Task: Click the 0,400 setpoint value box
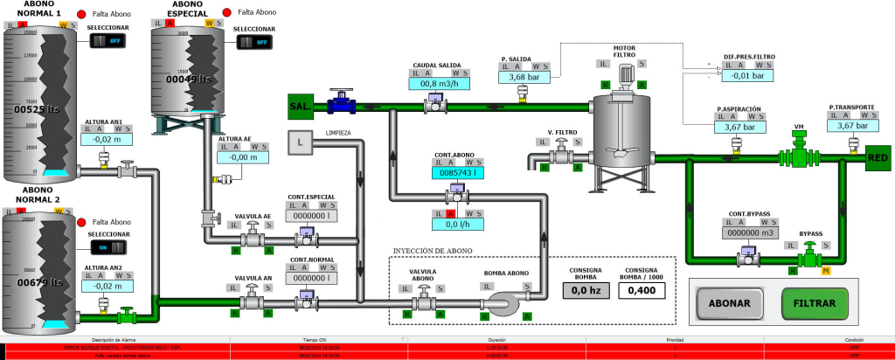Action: (642, 290)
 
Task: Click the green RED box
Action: (878, 158)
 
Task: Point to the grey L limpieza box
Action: (300, 142)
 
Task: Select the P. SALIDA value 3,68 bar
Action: (522, 77)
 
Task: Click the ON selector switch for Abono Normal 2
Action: (108, 247)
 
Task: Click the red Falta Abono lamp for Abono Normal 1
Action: (82, 14)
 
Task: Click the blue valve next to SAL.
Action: (341, 104)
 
